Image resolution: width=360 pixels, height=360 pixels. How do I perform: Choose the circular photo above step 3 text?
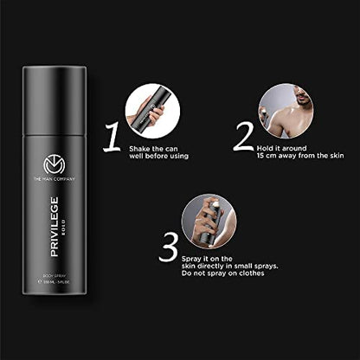click(x=211, y=219)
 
